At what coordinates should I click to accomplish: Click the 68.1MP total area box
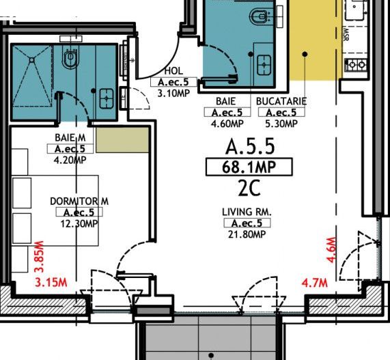point(249,167)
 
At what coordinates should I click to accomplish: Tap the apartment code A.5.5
point(249,146)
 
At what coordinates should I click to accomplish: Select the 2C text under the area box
point(248,186)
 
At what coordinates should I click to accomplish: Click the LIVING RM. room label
point(247,212)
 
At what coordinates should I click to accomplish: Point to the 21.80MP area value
point(247,234)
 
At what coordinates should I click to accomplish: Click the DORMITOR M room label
point(80,202)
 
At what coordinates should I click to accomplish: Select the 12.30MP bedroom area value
point(80,224)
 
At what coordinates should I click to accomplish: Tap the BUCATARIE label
point(281,101)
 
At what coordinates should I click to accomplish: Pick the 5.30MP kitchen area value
point(281,124)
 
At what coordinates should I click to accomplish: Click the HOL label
point(173,72)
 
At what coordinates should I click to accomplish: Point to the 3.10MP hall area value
point(173,93)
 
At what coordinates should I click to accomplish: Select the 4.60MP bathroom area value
point(226,124)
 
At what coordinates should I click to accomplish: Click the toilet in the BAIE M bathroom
point(70,59)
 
